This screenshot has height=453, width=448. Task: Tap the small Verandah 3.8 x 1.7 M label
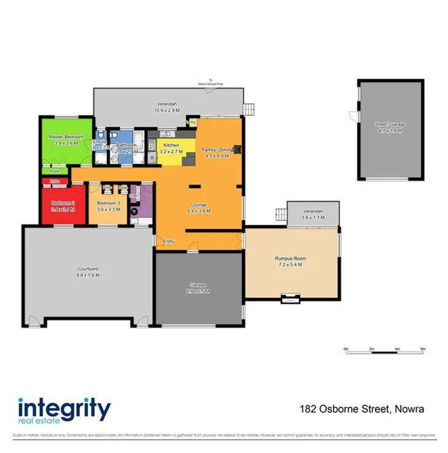click(313, 215)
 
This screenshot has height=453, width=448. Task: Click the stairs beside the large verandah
click(249, 109)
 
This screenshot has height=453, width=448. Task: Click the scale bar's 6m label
click(423, 349)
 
